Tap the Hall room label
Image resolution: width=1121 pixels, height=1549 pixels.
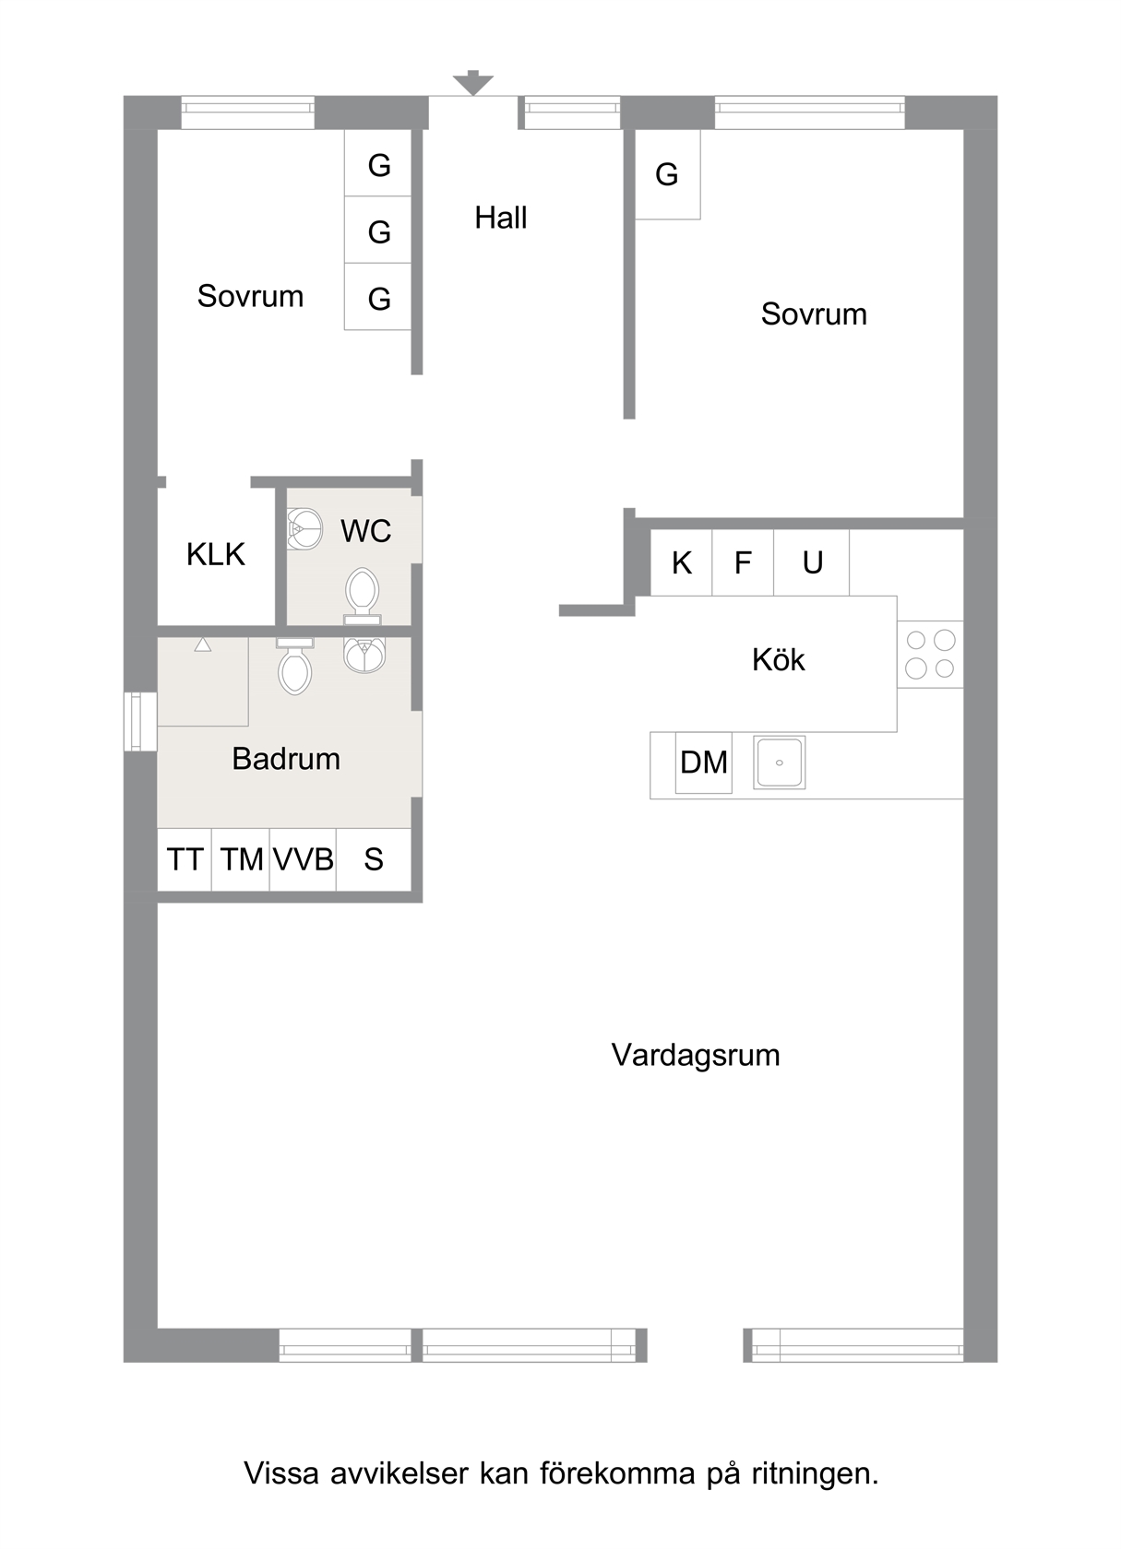[501, 218]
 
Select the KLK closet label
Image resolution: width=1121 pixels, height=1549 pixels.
[215, 555]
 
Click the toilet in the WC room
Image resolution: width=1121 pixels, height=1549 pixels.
[362, 596]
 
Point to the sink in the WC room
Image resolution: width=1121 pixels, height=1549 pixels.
[304, 529]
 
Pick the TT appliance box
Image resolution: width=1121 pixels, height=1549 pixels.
[185, 859]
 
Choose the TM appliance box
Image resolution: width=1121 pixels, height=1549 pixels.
[241, 859]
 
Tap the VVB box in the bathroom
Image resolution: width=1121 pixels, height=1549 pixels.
[303, 859]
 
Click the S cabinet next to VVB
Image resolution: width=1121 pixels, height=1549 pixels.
[374, 859]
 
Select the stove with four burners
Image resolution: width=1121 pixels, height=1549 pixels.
[930, 655]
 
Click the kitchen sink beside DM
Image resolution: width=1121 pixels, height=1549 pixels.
[779, 763]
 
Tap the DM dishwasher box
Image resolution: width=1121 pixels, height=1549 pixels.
[704, 763]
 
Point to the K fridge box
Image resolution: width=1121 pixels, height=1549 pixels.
[682, 562]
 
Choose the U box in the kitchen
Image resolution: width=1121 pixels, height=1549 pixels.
[812, 562]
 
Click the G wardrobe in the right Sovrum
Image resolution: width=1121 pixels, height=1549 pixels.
[668, 174]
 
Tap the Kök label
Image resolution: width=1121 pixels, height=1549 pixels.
[779, 660]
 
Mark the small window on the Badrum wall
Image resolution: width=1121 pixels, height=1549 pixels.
[140, 721]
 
